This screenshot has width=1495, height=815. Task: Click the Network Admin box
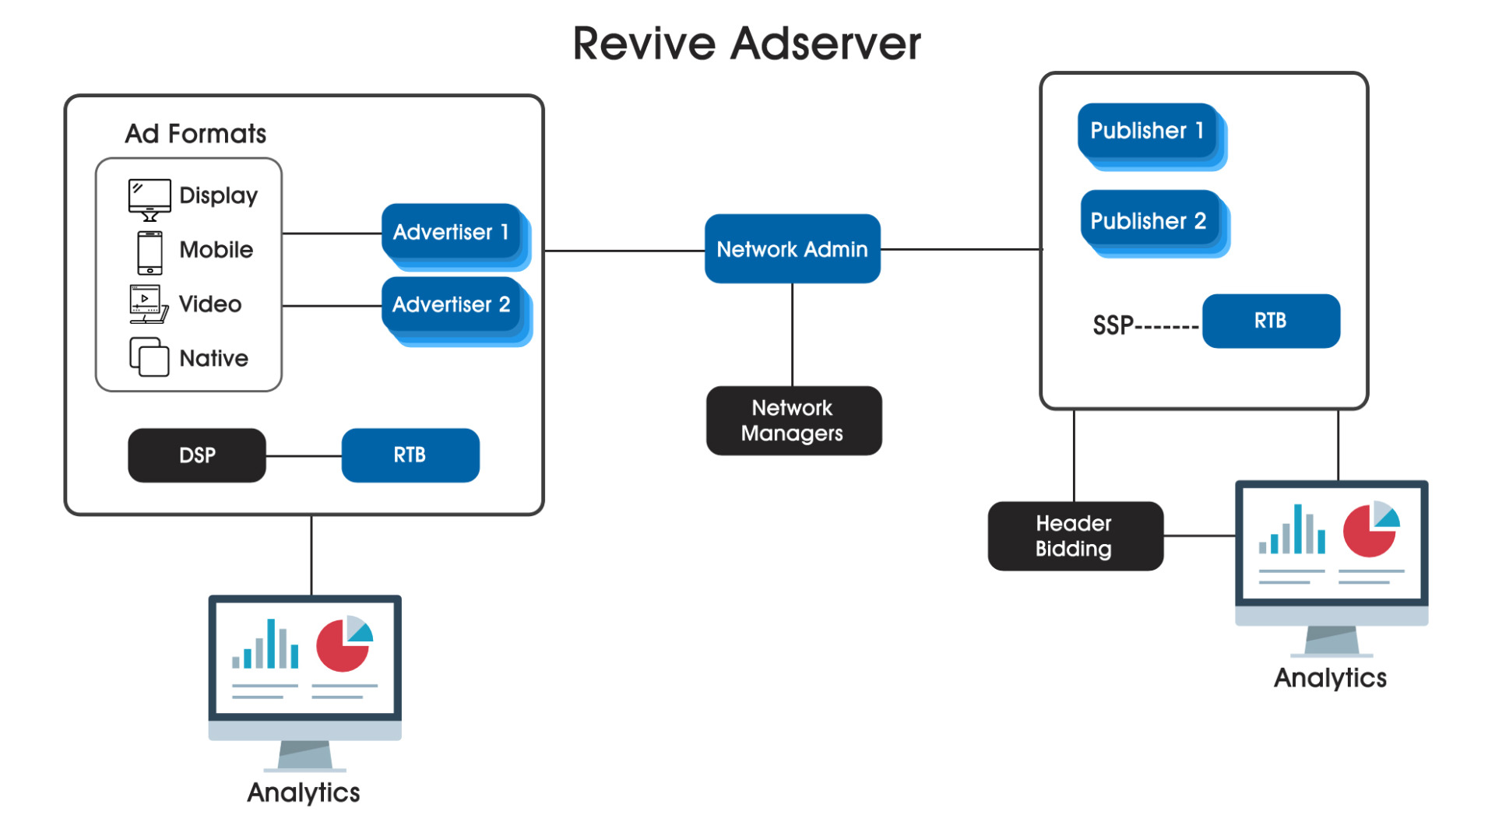pos(792,248)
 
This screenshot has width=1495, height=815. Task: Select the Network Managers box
pos(793,420)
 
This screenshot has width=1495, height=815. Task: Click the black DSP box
pos(197,455)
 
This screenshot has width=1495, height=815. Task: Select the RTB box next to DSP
pos(410,455)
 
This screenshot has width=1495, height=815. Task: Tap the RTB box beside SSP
pos(1271,321)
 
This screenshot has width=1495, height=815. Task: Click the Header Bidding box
pos(1075,536)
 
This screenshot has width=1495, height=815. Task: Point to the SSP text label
pos(1113,325)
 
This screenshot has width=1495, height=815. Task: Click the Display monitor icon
pos(149,199)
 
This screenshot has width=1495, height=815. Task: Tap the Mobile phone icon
pos(149,252)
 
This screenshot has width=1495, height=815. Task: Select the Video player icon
pos(149,304)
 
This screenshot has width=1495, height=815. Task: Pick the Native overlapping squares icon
pos(149,357)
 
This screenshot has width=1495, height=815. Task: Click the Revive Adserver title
pos(747,43)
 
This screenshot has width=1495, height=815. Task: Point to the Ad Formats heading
pos(195,134)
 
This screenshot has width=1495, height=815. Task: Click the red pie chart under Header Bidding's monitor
pos(1369,530)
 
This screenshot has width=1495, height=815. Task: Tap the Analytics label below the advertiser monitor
pos(304,792)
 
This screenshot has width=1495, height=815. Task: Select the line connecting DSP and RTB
pos(304,455)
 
